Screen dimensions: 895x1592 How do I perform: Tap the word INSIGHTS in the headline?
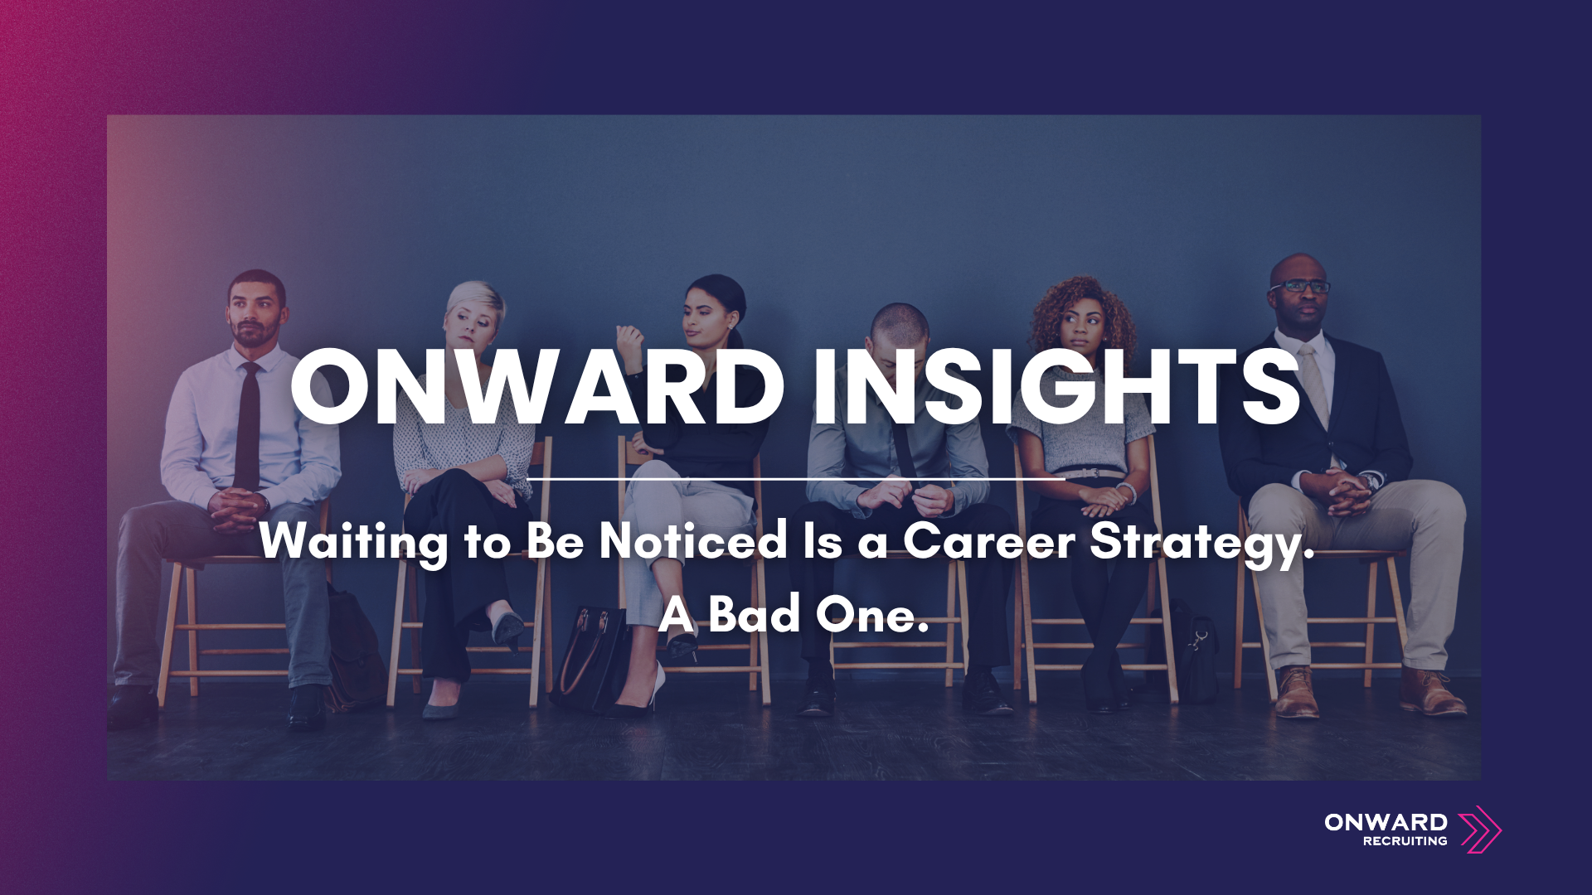1056,386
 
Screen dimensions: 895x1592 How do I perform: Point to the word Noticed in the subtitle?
693,542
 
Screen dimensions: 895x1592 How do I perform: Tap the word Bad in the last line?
755,615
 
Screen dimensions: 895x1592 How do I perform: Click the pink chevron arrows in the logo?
1479,830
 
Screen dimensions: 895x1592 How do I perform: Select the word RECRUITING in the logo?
1405,841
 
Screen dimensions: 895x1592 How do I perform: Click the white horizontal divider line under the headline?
796,479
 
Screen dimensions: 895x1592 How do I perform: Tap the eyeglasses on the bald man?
1300,287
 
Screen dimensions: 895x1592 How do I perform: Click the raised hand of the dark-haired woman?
629,341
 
